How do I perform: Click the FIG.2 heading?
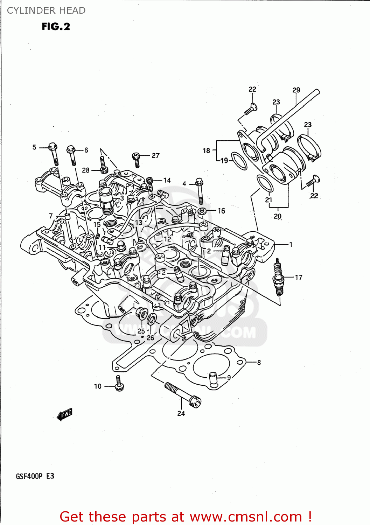coord(56,27)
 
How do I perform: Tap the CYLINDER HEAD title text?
coord(46,10)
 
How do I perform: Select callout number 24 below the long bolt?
coord(181,413)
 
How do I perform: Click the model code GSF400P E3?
coord(35,476)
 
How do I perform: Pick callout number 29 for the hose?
coord(296,90)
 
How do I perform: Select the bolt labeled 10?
coord(119,384)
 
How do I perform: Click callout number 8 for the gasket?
coord(259,363)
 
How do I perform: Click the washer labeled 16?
coord(202,211)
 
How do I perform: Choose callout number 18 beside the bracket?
coord(206,150)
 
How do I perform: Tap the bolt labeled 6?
coord(72,155)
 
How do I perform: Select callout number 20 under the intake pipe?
coord(278,216)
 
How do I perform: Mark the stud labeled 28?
coord(103,165)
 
